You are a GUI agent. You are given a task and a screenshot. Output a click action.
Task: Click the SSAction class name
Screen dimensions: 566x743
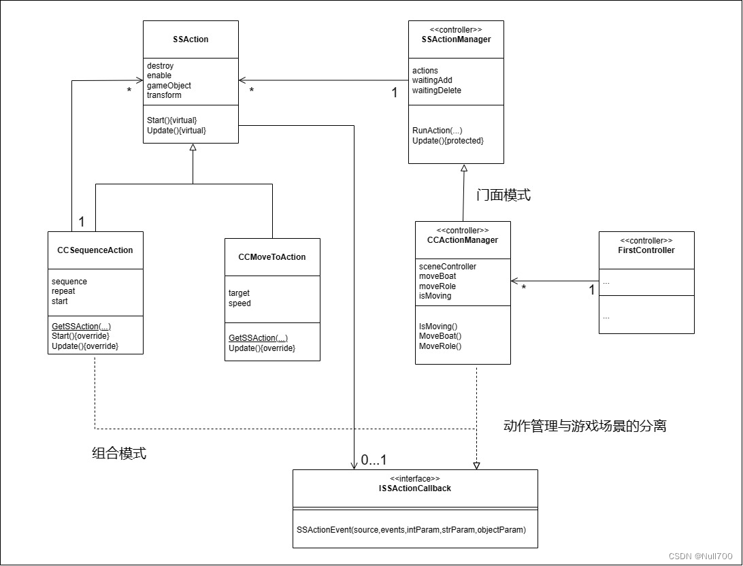pos(191,39)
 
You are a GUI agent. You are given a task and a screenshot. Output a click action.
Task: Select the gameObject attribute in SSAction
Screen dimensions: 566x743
pos(169,86)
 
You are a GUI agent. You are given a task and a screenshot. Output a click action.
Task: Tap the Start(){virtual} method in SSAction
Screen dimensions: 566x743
pos(171,120)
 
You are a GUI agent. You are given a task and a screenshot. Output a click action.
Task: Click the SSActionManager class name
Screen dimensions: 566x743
pos(456,39)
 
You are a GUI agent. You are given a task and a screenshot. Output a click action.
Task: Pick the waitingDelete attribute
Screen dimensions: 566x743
pos(436,90)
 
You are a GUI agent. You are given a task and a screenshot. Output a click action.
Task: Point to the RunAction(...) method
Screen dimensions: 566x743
pos(437,131)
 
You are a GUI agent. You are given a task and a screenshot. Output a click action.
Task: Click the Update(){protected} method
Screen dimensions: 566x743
pos(448,141)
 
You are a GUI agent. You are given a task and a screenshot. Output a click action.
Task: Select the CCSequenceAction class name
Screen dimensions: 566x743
pos(95,250)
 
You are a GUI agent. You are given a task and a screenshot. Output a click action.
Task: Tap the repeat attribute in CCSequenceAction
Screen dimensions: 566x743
pos(64,291)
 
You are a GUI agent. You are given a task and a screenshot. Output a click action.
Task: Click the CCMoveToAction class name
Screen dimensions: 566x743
pos(272,257)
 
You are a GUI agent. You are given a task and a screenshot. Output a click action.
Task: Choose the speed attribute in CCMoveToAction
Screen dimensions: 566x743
pos(240,303)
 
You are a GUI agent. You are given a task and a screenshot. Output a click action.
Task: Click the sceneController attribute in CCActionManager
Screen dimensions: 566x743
pos(447,267)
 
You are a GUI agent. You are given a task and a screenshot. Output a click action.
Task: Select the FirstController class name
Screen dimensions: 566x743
pos(646,250)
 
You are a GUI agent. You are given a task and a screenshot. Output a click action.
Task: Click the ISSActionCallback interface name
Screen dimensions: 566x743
pos(415,488)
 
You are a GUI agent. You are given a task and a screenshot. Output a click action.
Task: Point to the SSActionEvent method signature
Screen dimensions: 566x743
pos(411,529)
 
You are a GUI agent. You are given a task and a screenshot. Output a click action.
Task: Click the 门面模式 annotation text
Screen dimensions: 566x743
pos(503,195)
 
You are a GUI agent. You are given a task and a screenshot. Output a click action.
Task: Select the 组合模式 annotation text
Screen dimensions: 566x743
pos(119,454)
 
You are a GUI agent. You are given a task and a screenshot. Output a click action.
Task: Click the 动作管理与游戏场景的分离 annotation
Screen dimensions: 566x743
pos(584,427)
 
